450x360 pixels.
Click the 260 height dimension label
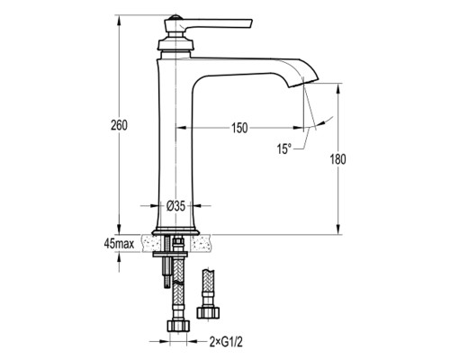pos(119,125)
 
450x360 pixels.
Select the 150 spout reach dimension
pos(239,128)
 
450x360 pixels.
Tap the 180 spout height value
pos(338,159)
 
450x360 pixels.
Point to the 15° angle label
pos(283,148)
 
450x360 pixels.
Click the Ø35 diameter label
pos(175,206)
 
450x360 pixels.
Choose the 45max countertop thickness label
pos(119,244)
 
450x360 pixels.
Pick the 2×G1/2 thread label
pos(226,342)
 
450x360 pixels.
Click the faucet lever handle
pos(214,24)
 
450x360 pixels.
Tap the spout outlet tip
pos(303,82)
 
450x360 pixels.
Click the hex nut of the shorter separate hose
pos(208,312)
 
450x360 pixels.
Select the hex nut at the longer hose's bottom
pos(178,326)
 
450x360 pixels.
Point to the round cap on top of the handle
pos(175,17)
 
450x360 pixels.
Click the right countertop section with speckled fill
pos(201,243)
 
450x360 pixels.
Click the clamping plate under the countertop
pos(170,255)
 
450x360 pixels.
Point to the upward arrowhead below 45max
pos(119,256)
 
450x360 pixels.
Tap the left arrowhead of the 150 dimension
pos(181,128)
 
